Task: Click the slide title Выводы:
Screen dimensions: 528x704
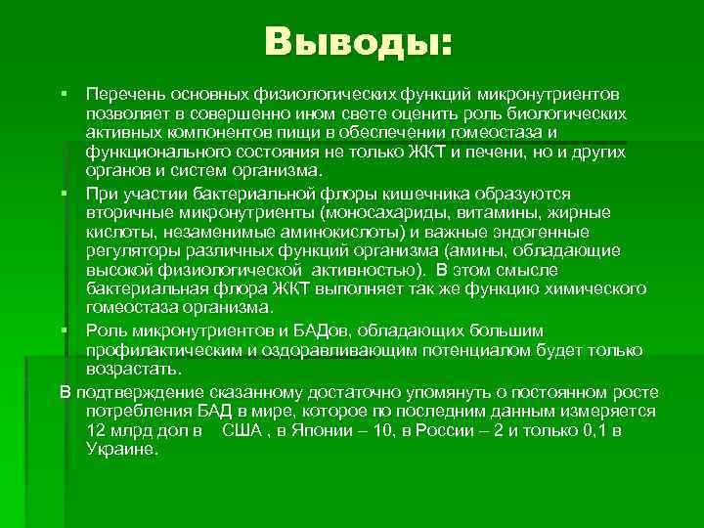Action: pos(358,41)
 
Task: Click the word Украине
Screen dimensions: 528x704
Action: pos(120,449)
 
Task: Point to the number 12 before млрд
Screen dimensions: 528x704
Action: pos(95,430)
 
